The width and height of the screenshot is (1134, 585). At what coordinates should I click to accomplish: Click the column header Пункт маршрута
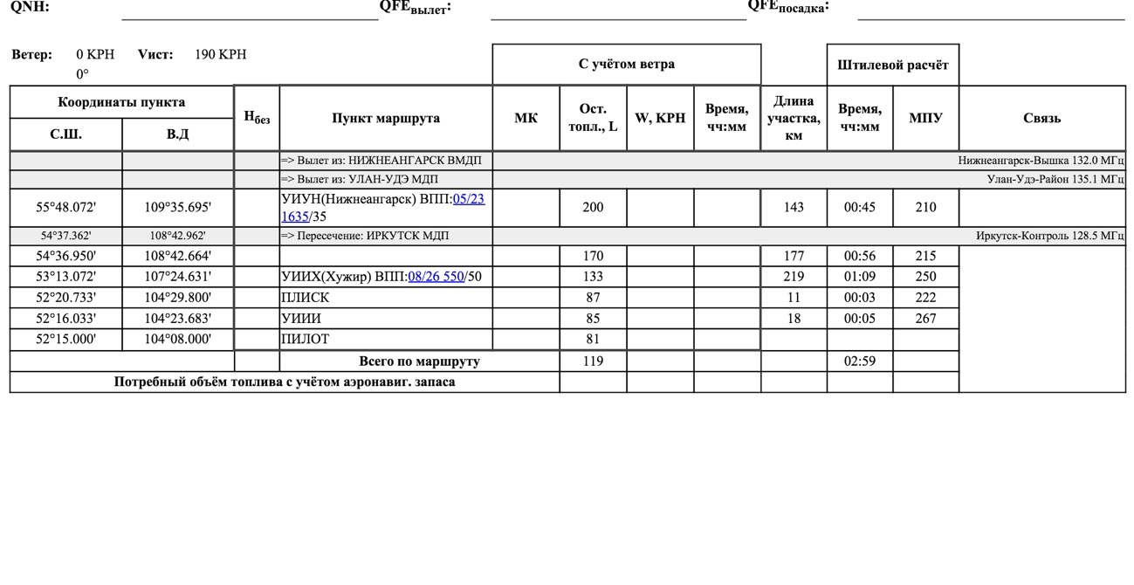pyautogui.click(x=385, y=118)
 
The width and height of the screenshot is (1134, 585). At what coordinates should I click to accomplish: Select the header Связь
pyautogui.click(x=1041, y=118)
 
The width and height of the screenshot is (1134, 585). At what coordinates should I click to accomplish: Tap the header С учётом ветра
pyautogui.click(x=626, y=64)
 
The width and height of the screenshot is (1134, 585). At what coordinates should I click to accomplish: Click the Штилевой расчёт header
pyautogui.click(x=892, y=65)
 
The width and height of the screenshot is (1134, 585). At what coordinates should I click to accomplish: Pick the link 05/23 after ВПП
pyautogui.click(x=469, y=199)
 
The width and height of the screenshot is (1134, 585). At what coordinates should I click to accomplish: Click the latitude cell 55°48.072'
pyautogui.click(x=65, y=208)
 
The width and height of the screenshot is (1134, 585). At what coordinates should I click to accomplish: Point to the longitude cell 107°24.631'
pyautogui.click(x=177, y=277)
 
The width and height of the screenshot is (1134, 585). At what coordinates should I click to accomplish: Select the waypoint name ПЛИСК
pyautogui.click(x=305, y=298)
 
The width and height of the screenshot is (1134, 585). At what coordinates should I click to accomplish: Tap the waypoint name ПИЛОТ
pyautogui.click(x=305, y=339)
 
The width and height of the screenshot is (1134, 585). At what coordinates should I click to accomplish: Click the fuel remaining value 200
pyautogui.click(x=593, y=208)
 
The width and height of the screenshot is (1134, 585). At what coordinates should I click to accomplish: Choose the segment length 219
pyautogui.click(x=794, y=277)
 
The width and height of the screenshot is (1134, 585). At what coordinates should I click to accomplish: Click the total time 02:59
pyautogui.click(x=859, y=361)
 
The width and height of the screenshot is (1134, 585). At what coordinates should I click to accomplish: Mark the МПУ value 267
pyautogui.click(x=925, y=319)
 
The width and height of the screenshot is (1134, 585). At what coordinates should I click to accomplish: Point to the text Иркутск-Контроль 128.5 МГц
pyautogui.click(x=1049, y=236)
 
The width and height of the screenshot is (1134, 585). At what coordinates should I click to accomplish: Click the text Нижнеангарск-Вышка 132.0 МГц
pyautogui.click(x=1041, y=161)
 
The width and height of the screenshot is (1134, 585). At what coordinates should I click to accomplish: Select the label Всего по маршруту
pyautogui.click(x=419, y=361)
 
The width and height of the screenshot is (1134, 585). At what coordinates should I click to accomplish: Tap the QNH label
pyautogui.click(x=30, y=7)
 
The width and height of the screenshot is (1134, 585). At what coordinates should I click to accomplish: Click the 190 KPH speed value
pyautogui.click(x=220, y=54)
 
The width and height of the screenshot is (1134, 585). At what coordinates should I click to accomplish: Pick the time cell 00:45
pyautogui.click(x=859, y=208)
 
